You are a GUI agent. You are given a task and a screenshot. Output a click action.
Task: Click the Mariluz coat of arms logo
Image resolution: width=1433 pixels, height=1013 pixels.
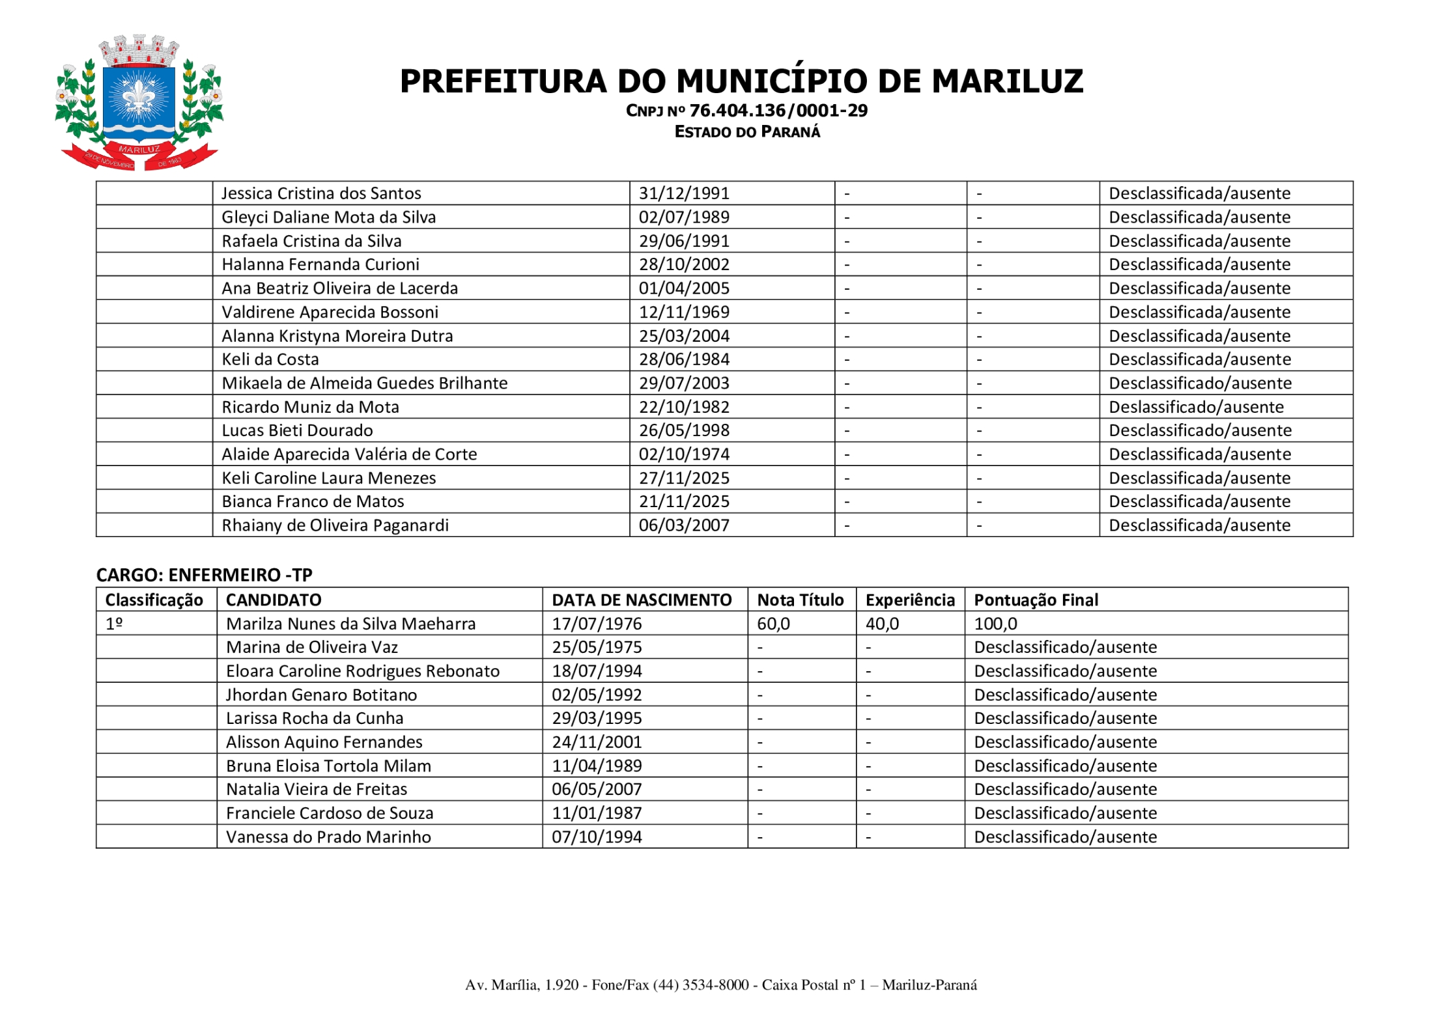(x=139, y=103)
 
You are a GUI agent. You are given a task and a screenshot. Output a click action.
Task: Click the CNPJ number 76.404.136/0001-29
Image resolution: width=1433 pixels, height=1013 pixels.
(x=778, y=111)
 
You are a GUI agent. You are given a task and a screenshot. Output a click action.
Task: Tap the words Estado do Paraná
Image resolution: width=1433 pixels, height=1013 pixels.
(x=747, y=132)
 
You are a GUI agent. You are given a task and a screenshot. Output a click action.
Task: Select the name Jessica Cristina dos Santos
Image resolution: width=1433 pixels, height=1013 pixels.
(x=321, y=193)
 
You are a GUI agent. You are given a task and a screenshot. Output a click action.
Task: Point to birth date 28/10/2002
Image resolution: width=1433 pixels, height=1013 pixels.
(x=683, y=264)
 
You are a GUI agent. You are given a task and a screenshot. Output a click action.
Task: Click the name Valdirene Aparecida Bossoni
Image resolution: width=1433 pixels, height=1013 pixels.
(x=330, y=312)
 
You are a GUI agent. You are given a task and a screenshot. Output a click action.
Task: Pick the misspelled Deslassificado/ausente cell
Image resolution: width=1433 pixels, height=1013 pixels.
(x=1195, y=407)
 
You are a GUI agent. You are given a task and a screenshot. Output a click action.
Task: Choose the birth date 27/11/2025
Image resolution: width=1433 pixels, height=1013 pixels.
(x=683, y=478)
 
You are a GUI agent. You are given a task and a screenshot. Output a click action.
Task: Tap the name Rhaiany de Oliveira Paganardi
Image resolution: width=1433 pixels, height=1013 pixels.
(x=335, y=525)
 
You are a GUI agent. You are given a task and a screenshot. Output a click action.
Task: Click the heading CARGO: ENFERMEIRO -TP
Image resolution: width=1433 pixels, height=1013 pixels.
(x=204, y=575)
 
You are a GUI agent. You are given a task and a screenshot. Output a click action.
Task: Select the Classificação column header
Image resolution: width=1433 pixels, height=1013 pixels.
(x=154, y=600)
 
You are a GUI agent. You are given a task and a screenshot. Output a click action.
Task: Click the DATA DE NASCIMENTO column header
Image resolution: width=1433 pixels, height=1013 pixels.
(x=642, y=600)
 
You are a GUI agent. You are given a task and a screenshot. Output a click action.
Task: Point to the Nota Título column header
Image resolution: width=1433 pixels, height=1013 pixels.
(x=800, y=600)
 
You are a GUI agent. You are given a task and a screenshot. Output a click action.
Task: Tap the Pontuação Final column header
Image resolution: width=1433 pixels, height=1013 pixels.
(x=1036, y=600)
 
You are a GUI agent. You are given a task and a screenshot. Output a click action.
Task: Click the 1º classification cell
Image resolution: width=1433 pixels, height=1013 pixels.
(x=115, y=624)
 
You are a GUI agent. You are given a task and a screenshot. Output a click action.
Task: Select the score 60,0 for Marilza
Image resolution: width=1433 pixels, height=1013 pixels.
(x=773, y=624)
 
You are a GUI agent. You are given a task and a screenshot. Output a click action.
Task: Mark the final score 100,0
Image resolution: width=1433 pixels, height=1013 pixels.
(x=995, y=624)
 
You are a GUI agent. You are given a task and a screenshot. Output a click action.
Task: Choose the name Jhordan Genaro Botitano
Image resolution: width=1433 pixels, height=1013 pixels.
(x=321, y=695)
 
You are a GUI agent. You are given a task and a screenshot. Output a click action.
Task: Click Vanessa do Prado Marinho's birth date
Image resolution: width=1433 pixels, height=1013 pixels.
(x=597, y=837)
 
